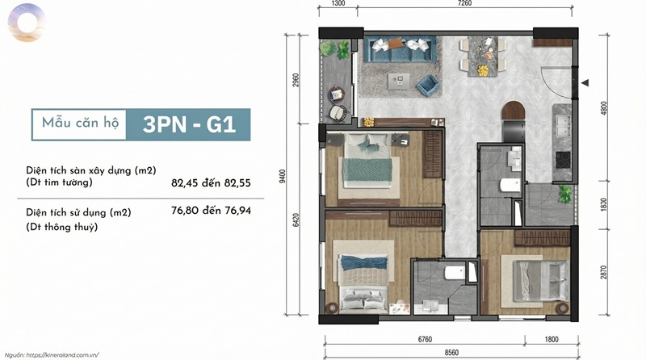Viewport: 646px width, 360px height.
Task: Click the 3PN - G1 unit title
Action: [189, 124]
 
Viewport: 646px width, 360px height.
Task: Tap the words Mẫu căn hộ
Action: [80, 123]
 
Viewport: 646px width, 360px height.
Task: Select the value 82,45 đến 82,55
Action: [211, 183]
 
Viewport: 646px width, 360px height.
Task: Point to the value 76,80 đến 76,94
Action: [211, 211]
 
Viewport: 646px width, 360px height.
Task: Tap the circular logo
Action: [27, 23]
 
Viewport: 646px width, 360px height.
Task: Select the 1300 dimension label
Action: [338, 3]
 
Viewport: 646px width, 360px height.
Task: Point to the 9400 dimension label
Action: [283, 176]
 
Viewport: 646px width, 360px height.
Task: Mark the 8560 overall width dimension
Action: [451, 353]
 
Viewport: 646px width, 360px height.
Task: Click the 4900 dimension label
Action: [604, 108]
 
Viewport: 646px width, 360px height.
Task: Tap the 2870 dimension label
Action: [604, 272]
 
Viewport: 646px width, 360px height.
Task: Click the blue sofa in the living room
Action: [400, 49]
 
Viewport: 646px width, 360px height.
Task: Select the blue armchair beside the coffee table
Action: [428, 85]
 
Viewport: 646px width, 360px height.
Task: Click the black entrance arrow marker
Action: [585, 83]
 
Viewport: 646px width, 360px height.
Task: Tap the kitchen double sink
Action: [563, 126]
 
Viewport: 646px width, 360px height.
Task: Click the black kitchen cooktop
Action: [563, 160]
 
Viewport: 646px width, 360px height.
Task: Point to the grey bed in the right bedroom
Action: [541, 281]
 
